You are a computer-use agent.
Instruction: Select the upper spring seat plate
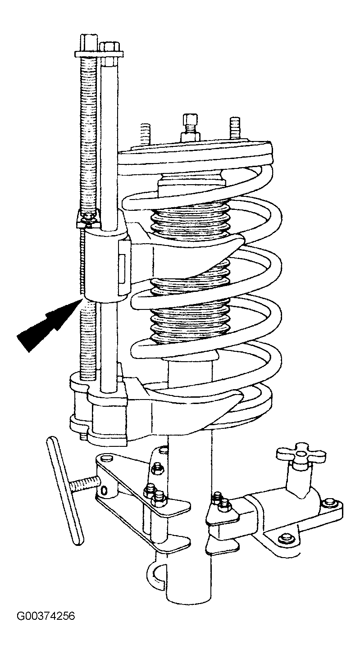tap(195, 158)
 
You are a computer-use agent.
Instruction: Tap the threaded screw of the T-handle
tap(85, 484)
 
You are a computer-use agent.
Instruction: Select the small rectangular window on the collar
tap(122, 265)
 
